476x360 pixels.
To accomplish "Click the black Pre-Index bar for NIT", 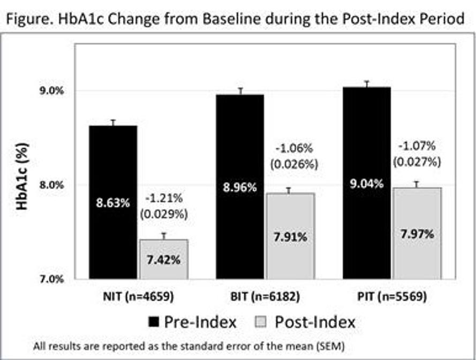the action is pyautogui.click(x=113, y=202).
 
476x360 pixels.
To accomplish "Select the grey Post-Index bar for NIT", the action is pyautogui.click(x=164, y=259).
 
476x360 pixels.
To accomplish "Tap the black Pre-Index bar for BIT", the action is pyautogui.click(x=240, y=187).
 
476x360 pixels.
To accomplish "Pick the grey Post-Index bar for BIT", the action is pyautogui.click(x=291, y=236).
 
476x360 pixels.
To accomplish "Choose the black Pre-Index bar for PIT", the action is pyautogui.click(x=367, y=183).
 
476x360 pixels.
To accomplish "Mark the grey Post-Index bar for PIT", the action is pyautogui.click(x=418, y=233).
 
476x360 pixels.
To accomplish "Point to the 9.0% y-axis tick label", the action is pyautogui.click(x=51, y=91).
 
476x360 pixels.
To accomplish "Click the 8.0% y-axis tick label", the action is pyautogui.click(x=51, y=185).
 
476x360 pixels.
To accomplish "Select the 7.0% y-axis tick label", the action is pyautogui.click(x=51, y=279).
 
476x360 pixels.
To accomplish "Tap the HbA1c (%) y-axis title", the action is pyautogui.click(x=22, y=177).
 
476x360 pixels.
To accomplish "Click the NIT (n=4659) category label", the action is pyautogui.click(x=139, y=296).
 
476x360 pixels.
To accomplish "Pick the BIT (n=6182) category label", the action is pyautogui.click(x=266, y=296).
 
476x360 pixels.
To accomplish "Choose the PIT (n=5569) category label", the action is pyautogui.click(x=392, y=296).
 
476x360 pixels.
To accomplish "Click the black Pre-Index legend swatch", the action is pyautogui.click(x=154, y=322).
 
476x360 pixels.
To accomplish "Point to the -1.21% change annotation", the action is pyautogui.click(x=164, y=198).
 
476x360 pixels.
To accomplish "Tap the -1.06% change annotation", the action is pyautogui.click(x=294, y=149).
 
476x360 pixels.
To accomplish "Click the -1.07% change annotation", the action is pyautogui.click(x=417, y=146).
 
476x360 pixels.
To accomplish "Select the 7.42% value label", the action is pyautogui.click(x=164, y=260).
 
